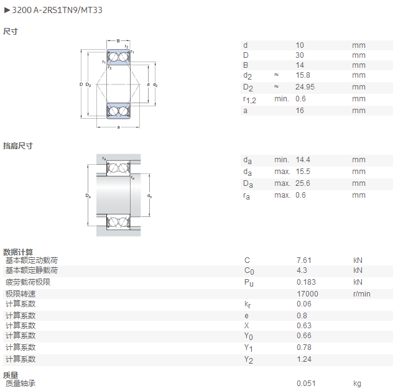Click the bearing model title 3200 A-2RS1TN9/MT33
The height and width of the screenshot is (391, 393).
click(57, 10)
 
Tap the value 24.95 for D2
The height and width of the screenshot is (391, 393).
click(305, 87)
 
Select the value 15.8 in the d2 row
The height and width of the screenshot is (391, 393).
click(303, 75)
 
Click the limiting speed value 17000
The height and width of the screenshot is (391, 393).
click(308, 294)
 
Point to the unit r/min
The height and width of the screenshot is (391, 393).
click(362, 294)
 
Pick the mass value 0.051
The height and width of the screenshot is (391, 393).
click(306, 384)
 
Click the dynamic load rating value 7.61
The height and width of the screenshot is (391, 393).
click(304, 260)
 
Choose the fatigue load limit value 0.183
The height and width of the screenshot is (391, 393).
click(306, 282)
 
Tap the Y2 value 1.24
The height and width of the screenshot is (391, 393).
click(304, 359)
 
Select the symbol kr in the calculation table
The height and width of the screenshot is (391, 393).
click(247, 305)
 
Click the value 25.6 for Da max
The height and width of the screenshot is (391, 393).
click(302, 183)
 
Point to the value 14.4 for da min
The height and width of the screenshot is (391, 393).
click(303, 160)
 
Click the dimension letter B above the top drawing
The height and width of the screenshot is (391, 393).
click(118, 41)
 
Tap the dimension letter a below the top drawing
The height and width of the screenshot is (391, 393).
click(118, 127)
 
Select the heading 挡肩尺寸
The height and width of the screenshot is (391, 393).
click(18, 146)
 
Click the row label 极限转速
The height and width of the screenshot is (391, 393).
click(21, 294)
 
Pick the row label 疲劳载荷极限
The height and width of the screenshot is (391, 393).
click(28, 282)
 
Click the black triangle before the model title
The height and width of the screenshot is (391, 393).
click(7, 10)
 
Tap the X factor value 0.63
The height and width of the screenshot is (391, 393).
click(304, 325)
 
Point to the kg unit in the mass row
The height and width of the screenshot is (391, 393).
click(357, 384)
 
